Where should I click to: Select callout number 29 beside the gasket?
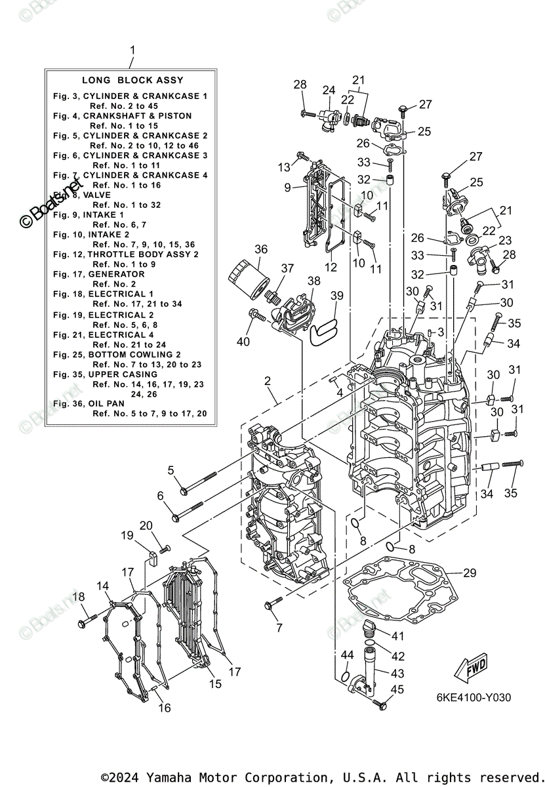tap(469, 573)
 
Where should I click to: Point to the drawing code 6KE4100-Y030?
tap(474, 698)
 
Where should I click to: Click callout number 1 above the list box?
tap(132, 50)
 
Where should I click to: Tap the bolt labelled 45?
tap(379, 704)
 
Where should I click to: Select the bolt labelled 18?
tap(87, 617)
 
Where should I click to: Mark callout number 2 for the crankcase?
tap(268, 380)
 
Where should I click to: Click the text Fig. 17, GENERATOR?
tap(99, 274)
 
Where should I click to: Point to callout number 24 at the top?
tap(328, 90)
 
